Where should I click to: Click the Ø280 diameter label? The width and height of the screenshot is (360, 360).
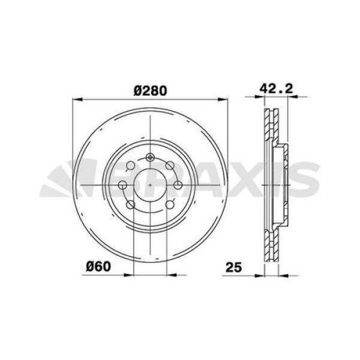150,90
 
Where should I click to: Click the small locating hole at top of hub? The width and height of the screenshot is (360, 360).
150,157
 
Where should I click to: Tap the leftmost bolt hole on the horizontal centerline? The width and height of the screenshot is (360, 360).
122,185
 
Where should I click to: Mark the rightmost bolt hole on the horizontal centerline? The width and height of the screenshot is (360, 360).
178,185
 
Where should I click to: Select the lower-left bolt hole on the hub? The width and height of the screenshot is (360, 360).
131,205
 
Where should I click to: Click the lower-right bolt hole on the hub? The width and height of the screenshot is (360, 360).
170,205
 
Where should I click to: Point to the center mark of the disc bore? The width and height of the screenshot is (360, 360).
150,185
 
